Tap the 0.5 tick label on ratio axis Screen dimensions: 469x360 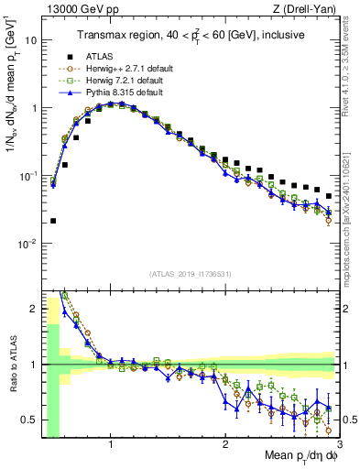30,420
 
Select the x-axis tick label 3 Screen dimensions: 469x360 338,447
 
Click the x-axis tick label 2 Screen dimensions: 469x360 225,447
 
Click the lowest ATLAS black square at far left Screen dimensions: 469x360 53,221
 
